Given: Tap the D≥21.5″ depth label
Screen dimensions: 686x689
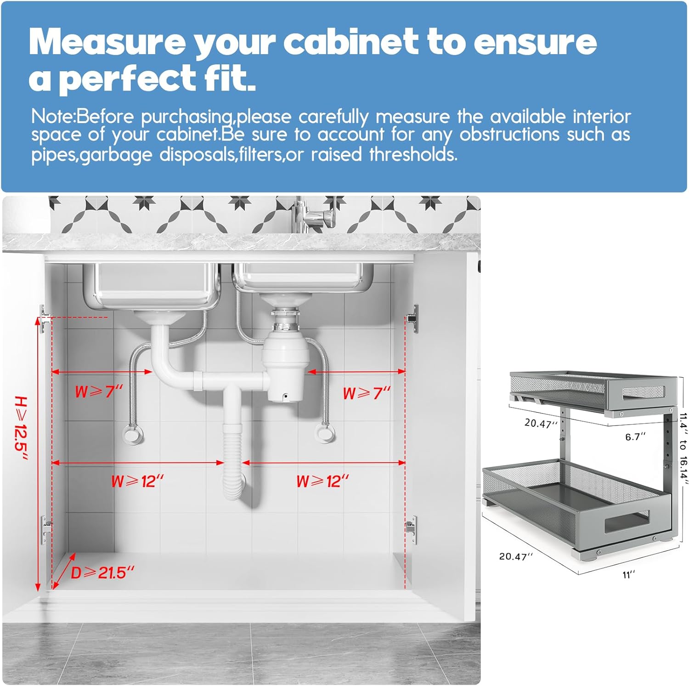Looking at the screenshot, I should (x=102, y=573).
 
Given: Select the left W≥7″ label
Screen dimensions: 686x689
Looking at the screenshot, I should (x=99, y=392).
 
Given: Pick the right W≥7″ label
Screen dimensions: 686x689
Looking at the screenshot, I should (x=367, y=393).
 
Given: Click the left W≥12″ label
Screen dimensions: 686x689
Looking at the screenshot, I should (x=137, y=482).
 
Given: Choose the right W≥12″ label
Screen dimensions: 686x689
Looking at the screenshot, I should (x=322, y=482).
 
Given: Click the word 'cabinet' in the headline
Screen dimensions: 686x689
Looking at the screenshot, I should (x=351, y=42).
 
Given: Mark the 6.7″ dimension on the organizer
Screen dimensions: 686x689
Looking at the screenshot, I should (x=635, y=437).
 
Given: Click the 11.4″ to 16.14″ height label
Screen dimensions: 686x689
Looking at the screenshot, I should (x=683, y=448).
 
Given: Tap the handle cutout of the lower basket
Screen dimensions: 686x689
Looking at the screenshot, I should (x=627, y=521).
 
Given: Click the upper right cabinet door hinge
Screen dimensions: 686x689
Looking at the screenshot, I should (x=412, y=317).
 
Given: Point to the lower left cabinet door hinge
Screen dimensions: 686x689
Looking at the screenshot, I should (x=45, y=528).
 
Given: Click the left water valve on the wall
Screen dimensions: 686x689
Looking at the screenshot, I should (x=133, y=433).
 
